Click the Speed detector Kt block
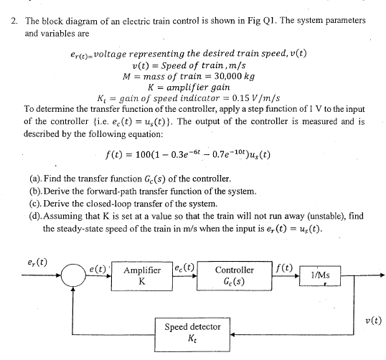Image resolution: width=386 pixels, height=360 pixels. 187,331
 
